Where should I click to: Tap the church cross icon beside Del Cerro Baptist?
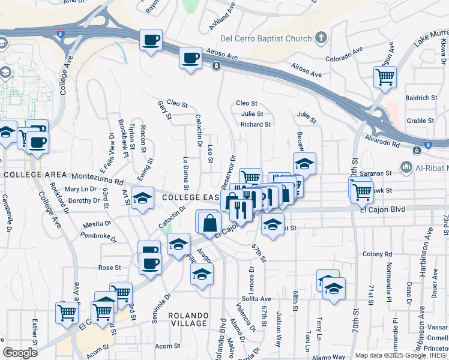pos(321,38)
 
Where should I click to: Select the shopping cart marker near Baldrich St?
pos(384,77)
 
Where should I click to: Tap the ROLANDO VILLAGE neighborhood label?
pos(188,319)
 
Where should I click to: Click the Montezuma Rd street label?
pos(97,178)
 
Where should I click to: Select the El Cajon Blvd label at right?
pos(383,209)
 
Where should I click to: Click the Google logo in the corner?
pos(20,353)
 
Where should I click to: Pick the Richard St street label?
pos(256,125)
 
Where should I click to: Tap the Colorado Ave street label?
pos(345,59)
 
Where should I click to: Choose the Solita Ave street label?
pos(257,299)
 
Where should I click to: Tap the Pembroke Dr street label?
pos(98,235)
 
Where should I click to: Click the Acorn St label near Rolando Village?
pos(167,346)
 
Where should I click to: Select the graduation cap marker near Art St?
pos(142,198)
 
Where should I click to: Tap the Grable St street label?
pos(420,121)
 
